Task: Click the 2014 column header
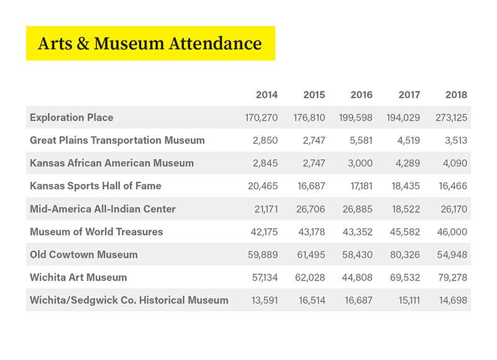click(x=267, y=95)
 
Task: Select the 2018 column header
click(x=456, y=95)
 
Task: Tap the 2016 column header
click(x=361, y=95)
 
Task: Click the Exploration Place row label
click(x=71, y=118)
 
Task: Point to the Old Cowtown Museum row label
click(x=84, y=254)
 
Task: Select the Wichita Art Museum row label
click(x=78, y=277)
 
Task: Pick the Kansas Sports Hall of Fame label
click(x=96, y=186)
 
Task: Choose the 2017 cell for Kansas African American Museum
click(x=408, y=164)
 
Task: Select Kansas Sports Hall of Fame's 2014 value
click(x=262, y=186)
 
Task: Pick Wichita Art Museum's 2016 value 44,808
click(x=357, y=277)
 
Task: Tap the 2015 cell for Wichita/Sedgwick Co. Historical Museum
click(x=310, y=300)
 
